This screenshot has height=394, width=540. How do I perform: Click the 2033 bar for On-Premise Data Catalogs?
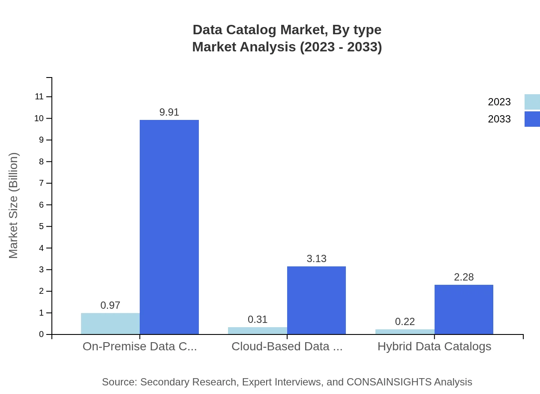coord(169,227)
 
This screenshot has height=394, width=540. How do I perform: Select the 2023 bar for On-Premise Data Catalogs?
coord(110,324)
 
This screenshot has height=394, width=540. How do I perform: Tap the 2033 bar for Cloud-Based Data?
coord(316,300)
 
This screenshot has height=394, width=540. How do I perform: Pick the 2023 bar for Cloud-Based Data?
coord(258,331)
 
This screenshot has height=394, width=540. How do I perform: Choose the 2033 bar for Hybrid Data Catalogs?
coord(464,309)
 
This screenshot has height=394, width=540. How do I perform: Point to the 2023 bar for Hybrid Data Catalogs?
coord(405,331)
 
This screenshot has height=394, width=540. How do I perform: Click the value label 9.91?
coord(169,112)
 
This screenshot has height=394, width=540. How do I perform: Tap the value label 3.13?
coord(317,259)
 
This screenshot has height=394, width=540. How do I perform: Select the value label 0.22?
coord(405,322)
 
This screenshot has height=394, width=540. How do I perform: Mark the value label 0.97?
coord(110,305)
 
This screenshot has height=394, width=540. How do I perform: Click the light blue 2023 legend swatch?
coord(532,102)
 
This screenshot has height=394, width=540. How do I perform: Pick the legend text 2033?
coord(499,119)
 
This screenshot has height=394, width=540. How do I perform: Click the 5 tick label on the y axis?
coord(42,226)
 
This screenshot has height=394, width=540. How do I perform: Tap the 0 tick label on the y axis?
coord(42,334)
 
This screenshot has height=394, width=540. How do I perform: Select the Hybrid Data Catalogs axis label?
coord(434,346)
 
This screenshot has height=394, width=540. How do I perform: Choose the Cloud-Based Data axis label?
coord(287,346)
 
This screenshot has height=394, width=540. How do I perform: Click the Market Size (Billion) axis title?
coord(14,206)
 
